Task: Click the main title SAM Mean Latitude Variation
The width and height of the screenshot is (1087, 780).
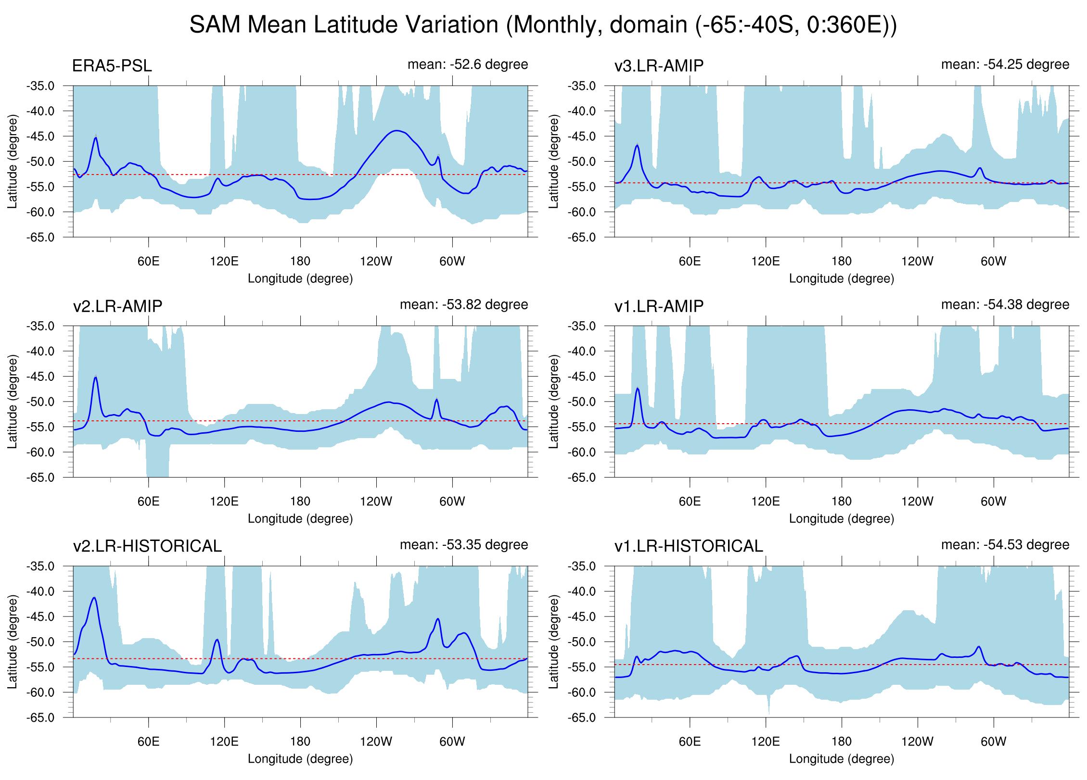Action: (543, 25)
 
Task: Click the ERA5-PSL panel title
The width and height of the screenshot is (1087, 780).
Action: (112, 66)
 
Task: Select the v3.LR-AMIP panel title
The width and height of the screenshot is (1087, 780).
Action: (659, 66)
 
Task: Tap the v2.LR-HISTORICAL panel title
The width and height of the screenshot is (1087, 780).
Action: (147, 546)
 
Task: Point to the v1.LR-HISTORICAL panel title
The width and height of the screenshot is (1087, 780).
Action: (689, 546)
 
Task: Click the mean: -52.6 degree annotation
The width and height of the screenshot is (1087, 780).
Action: (467, 64)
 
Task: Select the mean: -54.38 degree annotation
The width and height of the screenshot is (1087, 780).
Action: (1005, 304)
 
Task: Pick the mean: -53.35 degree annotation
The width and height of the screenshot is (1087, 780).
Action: (463, 544)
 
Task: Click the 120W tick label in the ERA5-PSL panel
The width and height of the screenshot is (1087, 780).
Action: (376, 262)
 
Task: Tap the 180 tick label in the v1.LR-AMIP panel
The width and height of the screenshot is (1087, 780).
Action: (841, 502)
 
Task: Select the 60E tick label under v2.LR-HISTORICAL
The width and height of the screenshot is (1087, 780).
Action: (148, 742)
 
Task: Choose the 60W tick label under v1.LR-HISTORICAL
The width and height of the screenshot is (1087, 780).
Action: (993, 742)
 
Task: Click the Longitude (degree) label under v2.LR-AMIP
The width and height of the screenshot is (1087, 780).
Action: (300, 519)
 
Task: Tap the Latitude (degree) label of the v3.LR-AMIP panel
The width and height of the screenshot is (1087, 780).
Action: (554, 162)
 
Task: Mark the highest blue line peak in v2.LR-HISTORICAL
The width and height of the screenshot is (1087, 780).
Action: (94, 598)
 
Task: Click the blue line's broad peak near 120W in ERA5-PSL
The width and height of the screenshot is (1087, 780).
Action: (396, 130)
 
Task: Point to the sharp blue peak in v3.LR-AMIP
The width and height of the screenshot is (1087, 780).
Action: (638, 145)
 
